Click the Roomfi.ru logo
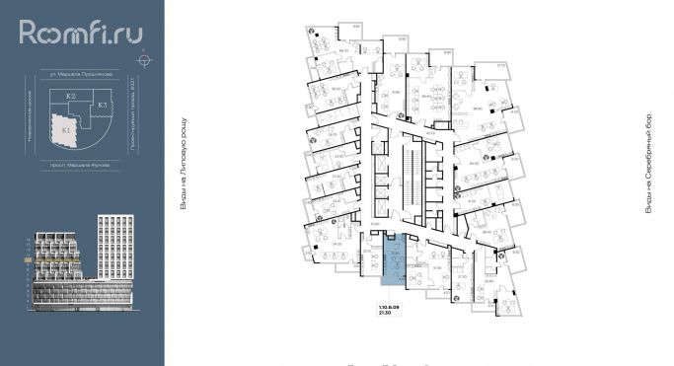coord(81,34)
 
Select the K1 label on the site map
coord(66,129)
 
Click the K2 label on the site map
coord(71,97)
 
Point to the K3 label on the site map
coord(102,104)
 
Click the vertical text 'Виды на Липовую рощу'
coord(184,162)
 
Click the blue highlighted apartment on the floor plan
coord(394,260)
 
